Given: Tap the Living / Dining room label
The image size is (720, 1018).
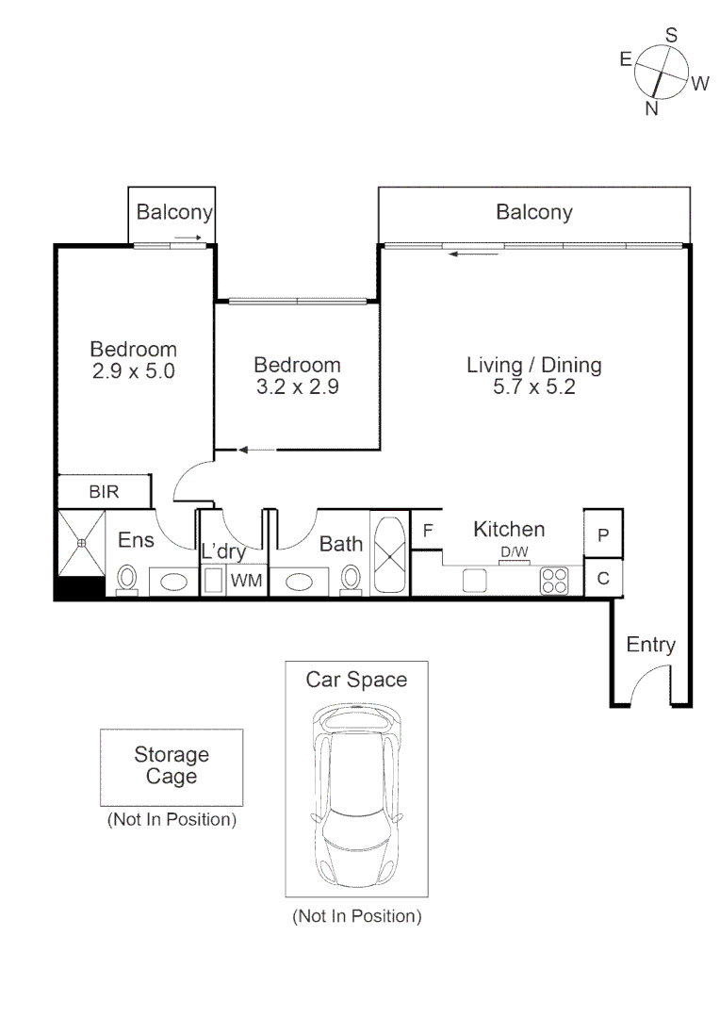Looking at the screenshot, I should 534,365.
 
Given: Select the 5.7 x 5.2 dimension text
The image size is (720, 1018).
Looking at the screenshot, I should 534,386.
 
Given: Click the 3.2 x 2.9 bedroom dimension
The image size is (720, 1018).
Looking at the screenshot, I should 297,386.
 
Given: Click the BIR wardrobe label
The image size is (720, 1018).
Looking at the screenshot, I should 104,492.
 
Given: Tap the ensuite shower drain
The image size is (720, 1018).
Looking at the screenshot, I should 82,544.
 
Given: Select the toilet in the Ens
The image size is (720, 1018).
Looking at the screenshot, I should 127,577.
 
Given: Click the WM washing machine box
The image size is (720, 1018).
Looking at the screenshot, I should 246,580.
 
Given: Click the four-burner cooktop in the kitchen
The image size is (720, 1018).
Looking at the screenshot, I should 555,580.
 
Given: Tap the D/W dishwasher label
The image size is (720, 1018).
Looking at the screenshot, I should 514,552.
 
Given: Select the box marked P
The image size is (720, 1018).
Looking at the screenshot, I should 603,534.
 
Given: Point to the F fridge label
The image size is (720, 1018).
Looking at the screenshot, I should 427,531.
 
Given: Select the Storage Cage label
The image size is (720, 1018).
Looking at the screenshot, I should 172,765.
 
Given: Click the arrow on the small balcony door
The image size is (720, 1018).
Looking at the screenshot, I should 187,238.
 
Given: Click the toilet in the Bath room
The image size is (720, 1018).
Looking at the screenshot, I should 352,577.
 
